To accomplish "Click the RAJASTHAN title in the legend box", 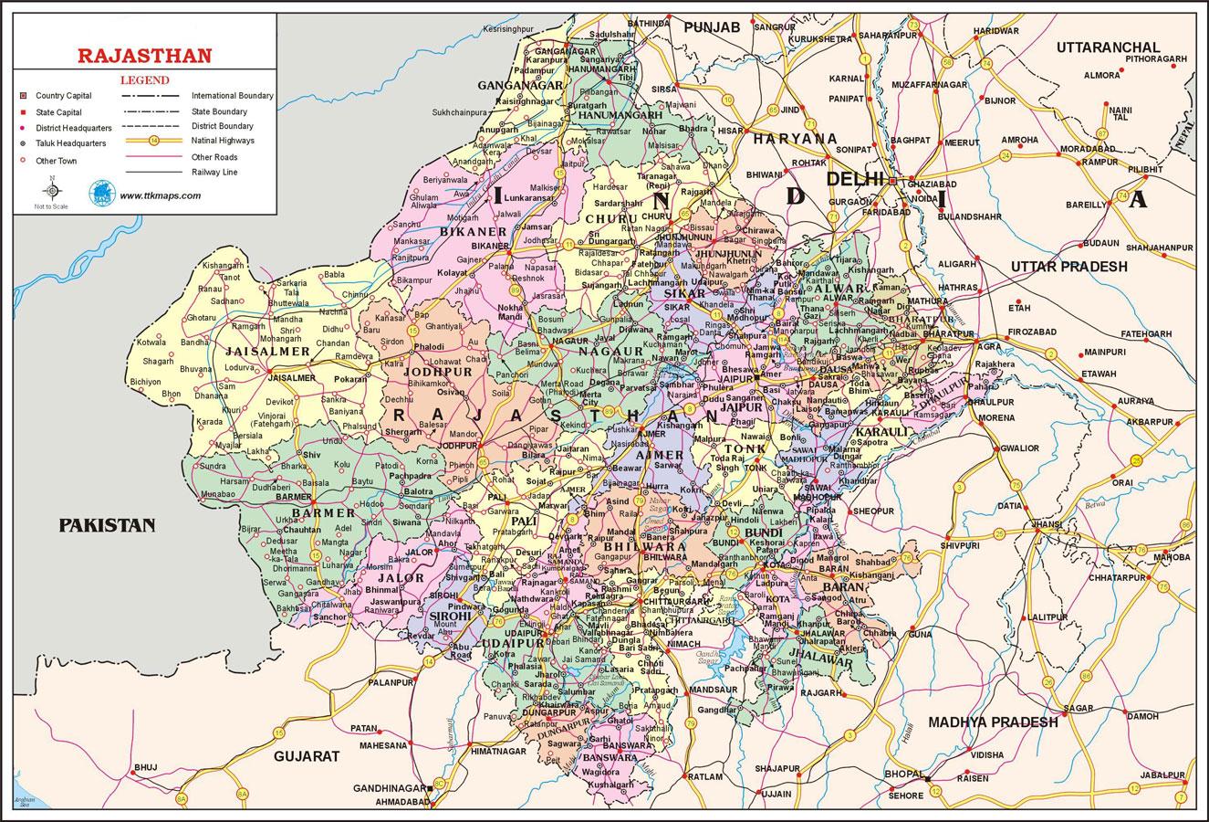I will pos(144,55).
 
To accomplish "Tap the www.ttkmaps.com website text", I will pos(160,195).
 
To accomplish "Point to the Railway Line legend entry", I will pos(215,172).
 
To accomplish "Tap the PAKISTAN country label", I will pos(107,525).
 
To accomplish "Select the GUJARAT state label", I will pos(306,756).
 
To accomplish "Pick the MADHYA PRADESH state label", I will pos(993,722).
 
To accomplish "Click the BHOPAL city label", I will pos(902,775).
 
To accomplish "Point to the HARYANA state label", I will pos(794,138).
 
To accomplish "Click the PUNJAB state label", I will pos(713,27).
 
